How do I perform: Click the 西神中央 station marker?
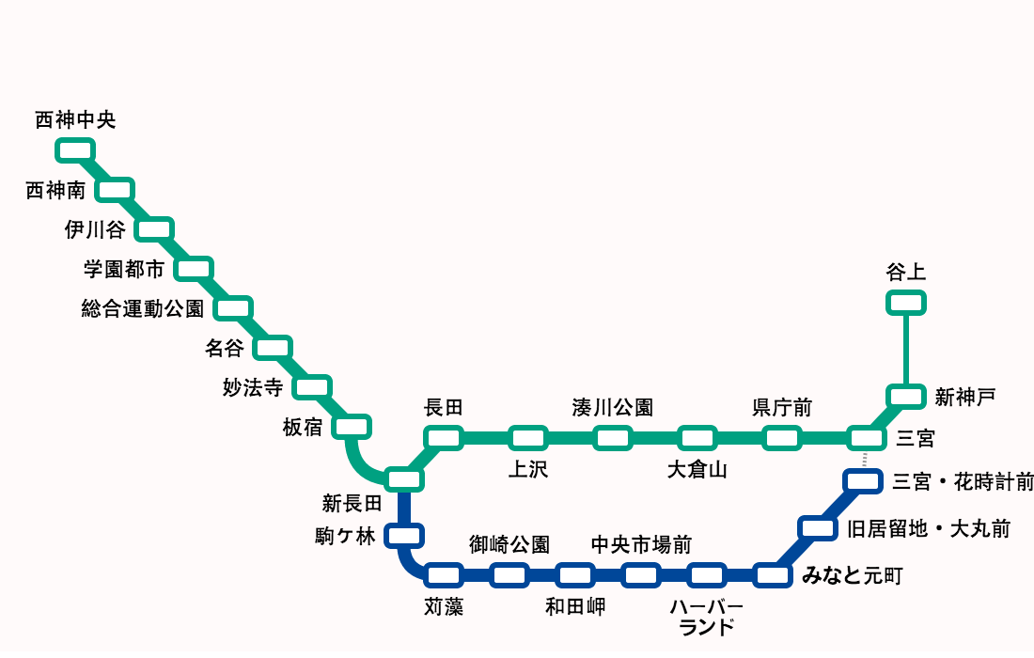[x=75, y=149]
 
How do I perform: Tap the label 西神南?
[x=55, y=191]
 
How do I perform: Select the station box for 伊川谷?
[x=154, y=228]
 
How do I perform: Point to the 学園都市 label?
[x=124, y=270]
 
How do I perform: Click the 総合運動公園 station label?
[x=142, y=308]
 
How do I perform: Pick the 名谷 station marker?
[x=273, y=347]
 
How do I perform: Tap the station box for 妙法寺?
[x=312, y=386]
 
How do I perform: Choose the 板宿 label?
[x=302, y=428]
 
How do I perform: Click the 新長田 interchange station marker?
[x=405, y=478]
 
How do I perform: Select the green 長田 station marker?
[x=444, y=437]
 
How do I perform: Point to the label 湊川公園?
[x=612, y=408]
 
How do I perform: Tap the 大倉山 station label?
[x=697, y=470]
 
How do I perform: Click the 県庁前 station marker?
[x=781, y=437]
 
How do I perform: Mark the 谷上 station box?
[x=906, y=302]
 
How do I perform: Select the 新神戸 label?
[x=964, y=398]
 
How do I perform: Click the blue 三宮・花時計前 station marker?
[x=863, y=481]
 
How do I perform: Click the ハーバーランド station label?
[x=706, y=617]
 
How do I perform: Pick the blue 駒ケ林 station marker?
[x=405, y=536]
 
